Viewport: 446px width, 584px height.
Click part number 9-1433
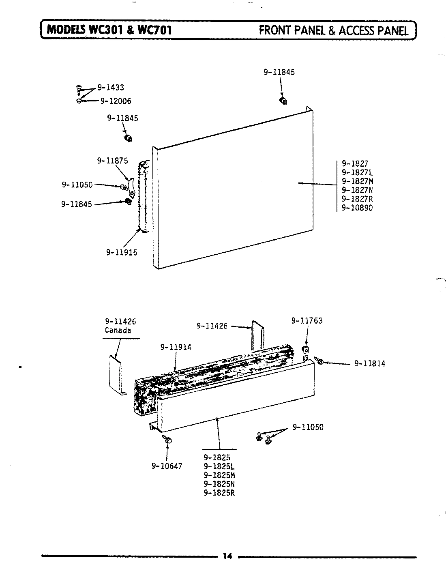pyautogui.click(x=111, y=88)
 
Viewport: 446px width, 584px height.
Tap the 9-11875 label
pyautogui.click(x=112, y=161)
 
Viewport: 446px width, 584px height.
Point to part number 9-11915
pyautogui.click(x=122, y=252)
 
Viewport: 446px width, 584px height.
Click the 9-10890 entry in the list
pyautogui.click(x=357, y=208)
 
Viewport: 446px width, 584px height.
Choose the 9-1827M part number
pyautogui.click(x=357, y=181)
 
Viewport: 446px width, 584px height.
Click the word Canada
pyautogui.click(x=118, y=331)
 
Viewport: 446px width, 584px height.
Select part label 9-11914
pyautogui.click(x=176, y=347)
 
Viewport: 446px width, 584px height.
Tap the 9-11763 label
pyautogui.click(x=307, y=321)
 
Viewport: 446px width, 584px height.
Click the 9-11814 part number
pyautogui.click(x=369, y=364)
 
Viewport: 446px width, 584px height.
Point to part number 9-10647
pyautogui.click(x=167, y=466)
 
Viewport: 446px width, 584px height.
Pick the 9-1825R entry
pyautogui.click(x=219, y=493)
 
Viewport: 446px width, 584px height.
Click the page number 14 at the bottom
pyautogui.click(x=227, y=556)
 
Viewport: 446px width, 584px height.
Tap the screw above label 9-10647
pyautogui.click(x=167, y=439)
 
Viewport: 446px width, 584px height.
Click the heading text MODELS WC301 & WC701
pyautogui.click(x=109, y=30)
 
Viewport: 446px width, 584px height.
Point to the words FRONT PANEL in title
pyautogui.click(x=292, y=30)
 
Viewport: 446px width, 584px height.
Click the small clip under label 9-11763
pyautogui.click(x=306, y=350)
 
